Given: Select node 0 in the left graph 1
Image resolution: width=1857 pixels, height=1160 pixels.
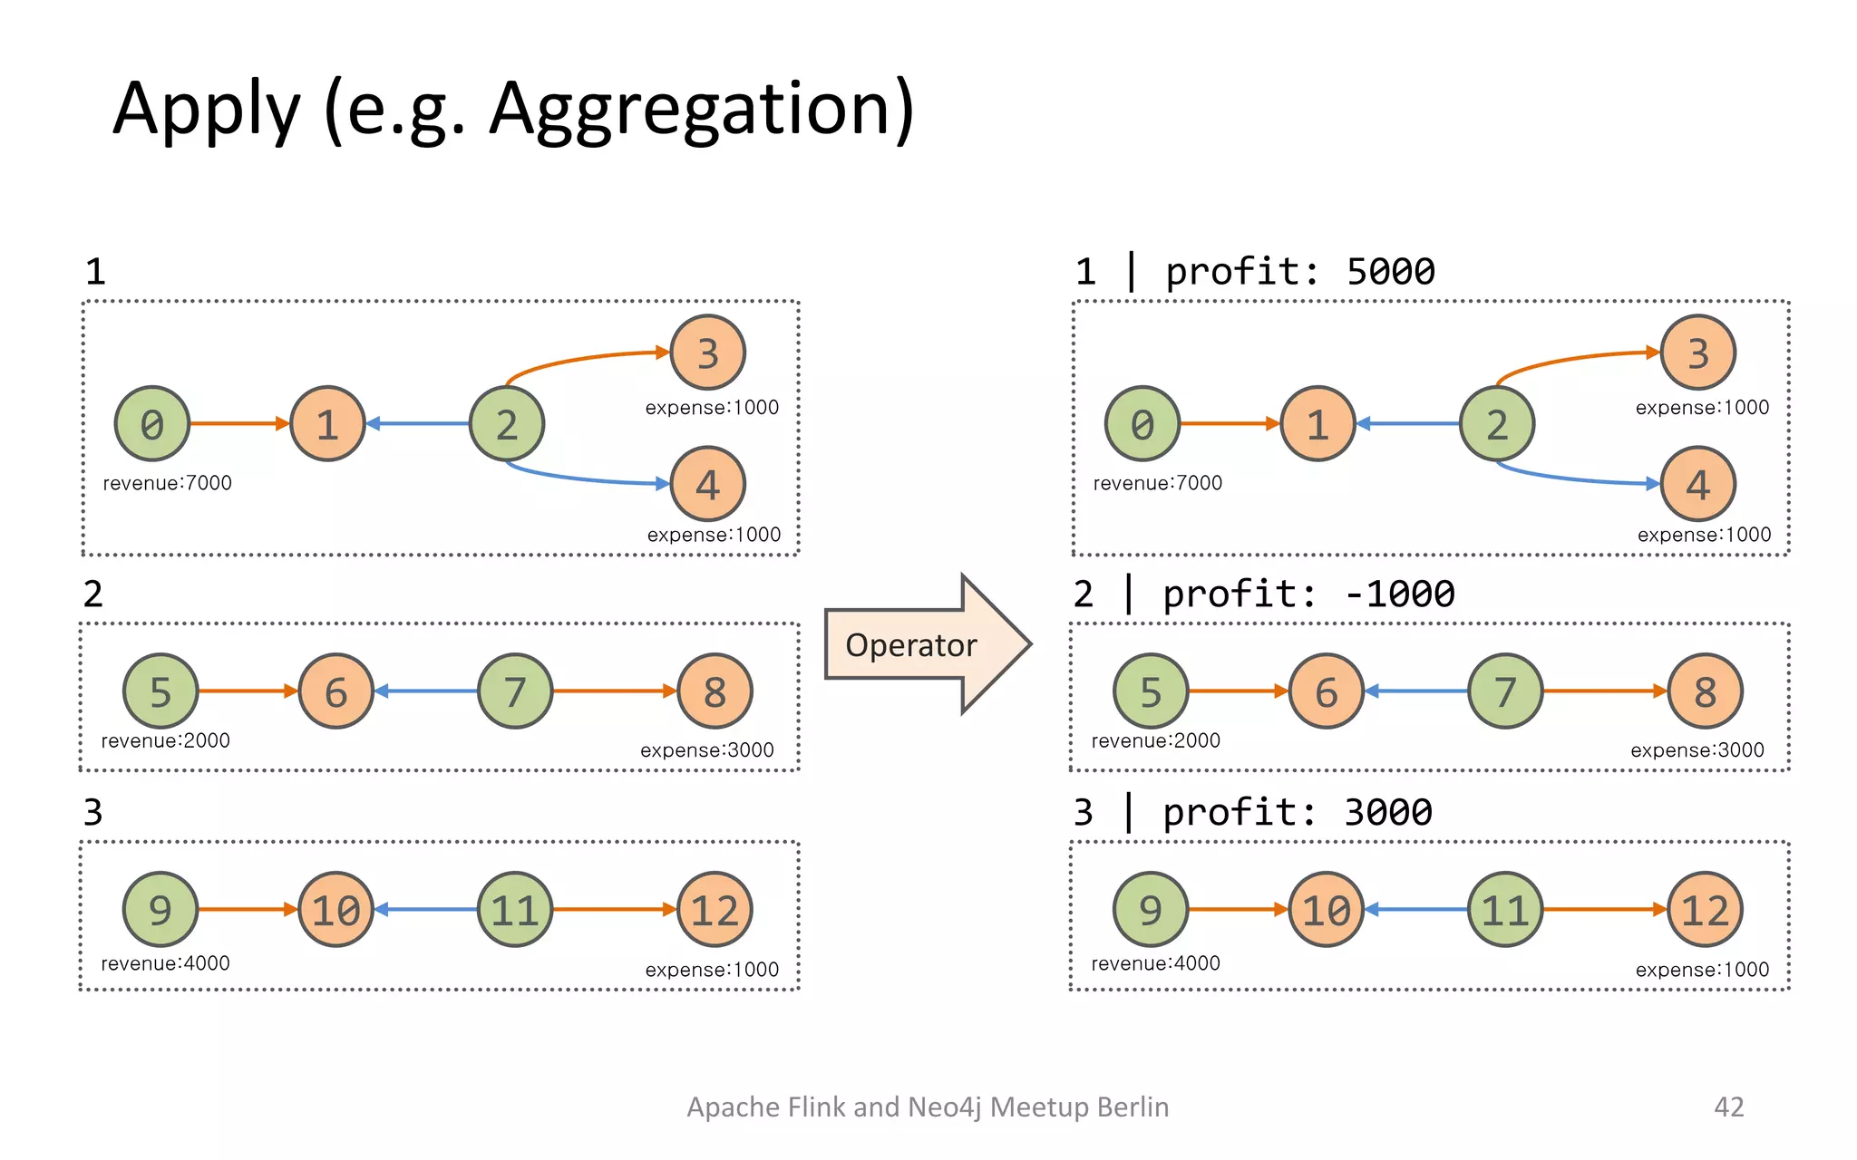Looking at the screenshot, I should (152, 424).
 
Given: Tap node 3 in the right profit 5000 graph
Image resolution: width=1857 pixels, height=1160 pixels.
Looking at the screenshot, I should (1697, 353).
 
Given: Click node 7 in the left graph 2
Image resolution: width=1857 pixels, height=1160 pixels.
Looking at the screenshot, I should (515, 691).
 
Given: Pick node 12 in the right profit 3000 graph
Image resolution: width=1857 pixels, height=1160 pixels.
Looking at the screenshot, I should (1705, 910).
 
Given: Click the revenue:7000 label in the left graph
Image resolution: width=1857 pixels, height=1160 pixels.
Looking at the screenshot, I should (168, 483).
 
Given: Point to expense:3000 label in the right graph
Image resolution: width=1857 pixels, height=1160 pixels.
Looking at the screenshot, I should (1697, 750).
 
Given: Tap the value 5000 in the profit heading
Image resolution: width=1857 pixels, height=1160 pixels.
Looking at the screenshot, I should (1391, 272).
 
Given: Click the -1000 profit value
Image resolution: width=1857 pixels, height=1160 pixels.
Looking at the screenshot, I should (1400, 594).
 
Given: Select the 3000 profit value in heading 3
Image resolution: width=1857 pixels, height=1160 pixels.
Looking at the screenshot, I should (1388, 812).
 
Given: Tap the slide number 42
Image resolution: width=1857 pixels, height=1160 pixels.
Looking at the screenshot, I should (1728, 1107).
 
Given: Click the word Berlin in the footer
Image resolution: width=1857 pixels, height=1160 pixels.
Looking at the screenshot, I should (1132, 1107).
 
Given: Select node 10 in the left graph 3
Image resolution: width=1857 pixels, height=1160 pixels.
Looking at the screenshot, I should (335, 910).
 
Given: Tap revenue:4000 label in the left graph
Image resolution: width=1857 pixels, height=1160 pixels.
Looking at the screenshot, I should (165, 963).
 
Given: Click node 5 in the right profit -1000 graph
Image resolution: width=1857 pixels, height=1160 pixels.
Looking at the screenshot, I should (1151, 691).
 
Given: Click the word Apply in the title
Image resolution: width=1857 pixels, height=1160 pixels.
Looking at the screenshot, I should (207, 109).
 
